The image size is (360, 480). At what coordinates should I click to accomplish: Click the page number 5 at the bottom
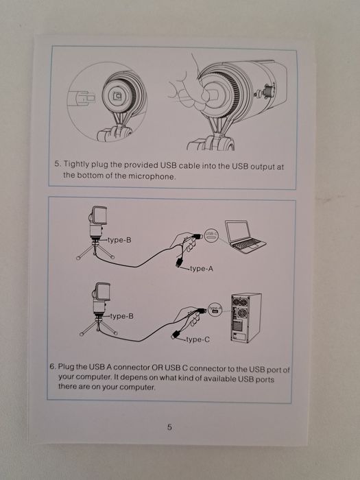coord(169,427)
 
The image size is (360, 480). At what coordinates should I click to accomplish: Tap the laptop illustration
coord(245,237)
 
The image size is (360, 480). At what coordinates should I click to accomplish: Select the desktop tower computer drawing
coord(246,317)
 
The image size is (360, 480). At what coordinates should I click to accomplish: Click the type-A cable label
coord(202,269)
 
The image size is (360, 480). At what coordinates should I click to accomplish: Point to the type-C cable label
coord(198,339)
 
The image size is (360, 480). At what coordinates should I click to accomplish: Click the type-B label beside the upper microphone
coord(120,240)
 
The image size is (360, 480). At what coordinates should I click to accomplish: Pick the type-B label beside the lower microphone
coord(122,316)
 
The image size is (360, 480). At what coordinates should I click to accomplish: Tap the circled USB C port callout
coord(211,235)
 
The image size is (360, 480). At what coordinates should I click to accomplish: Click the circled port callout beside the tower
coord(215,310)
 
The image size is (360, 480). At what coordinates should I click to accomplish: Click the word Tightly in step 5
coord(77,165)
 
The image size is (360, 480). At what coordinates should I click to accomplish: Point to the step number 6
coord(53,366)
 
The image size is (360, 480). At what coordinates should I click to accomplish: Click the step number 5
coord(58,164)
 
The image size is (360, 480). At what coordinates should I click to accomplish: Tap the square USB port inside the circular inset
coord(117,97)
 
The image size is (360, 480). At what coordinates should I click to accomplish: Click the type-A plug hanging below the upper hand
coord(179,263)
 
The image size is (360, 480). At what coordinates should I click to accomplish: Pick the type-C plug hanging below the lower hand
coord(176,335)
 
